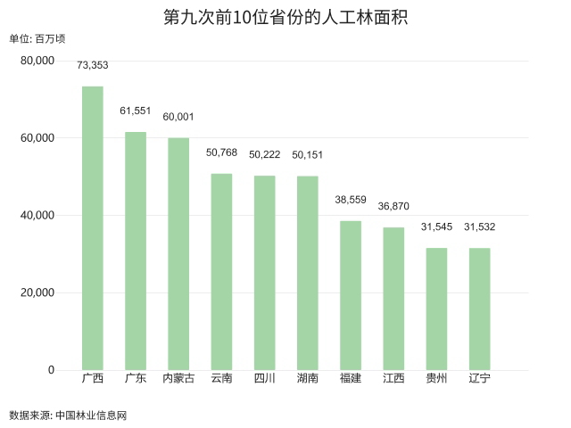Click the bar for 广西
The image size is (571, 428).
tap(93, 228)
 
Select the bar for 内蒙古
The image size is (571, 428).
tap(178, 254)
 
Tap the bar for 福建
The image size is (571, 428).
tap(351, 295)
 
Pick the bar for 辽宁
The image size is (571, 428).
tap(479, 309)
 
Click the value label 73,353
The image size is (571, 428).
tap(93, 65)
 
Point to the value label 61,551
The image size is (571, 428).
tap(136, 111)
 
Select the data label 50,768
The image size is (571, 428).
tap(221, 152)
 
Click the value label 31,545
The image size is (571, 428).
tap(436, 226)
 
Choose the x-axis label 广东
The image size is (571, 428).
tap(136, 378)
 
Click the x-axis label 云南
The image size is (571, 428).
tap(221, 378)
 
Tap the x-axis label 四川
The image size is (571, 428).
tap(264, 378)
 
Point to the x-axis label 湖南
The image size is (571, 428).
tap(308, 378)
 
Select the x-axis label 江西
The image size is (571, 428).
tap(393, 378)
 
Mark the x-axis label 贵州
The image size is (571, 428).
tap(436, 378)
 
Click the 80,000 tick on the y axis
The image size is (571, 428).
tap(37, 61)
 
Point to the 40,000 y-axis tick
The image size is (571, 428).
tap(37, 216)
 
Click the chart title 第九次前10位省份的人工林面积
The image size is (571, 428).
tap(285, 17)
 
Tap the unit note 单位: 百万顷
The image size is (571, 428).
tap(37, 38)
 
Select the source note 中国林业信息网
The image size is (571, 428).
tap(91, 415)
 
